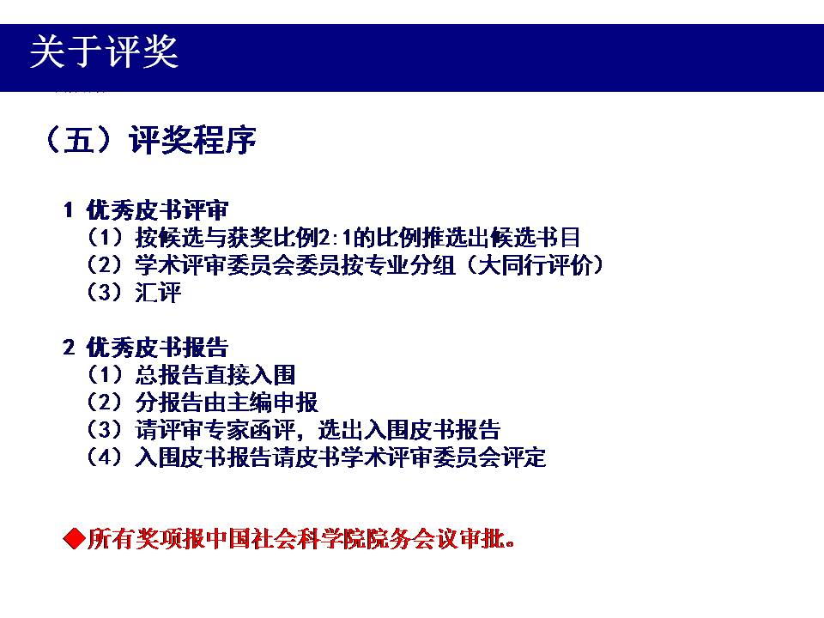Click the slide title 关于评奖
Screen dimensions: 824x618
104,51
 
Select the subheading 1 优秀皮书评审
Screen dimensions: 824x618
146,210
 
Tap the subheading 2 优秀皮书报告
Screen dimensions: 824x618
146,348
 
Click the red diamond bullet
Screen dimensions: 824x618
74,539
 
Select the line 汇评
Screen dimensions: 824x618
158,293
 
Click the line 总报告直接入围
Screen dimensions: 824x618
215,375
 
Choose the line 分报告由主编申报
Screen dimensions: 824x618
227,403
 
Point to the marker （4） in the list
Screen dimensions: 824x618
105,457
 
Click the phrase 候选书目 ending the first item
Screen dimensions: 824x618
535,238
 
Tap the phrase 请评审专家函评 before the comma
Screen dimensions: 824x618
215,430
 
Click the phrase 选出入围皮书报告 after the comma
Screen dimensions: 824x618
409,430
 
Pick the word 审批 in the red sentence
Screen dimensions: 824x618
482,539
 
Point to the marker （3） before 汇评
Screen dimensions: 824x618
105,292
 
